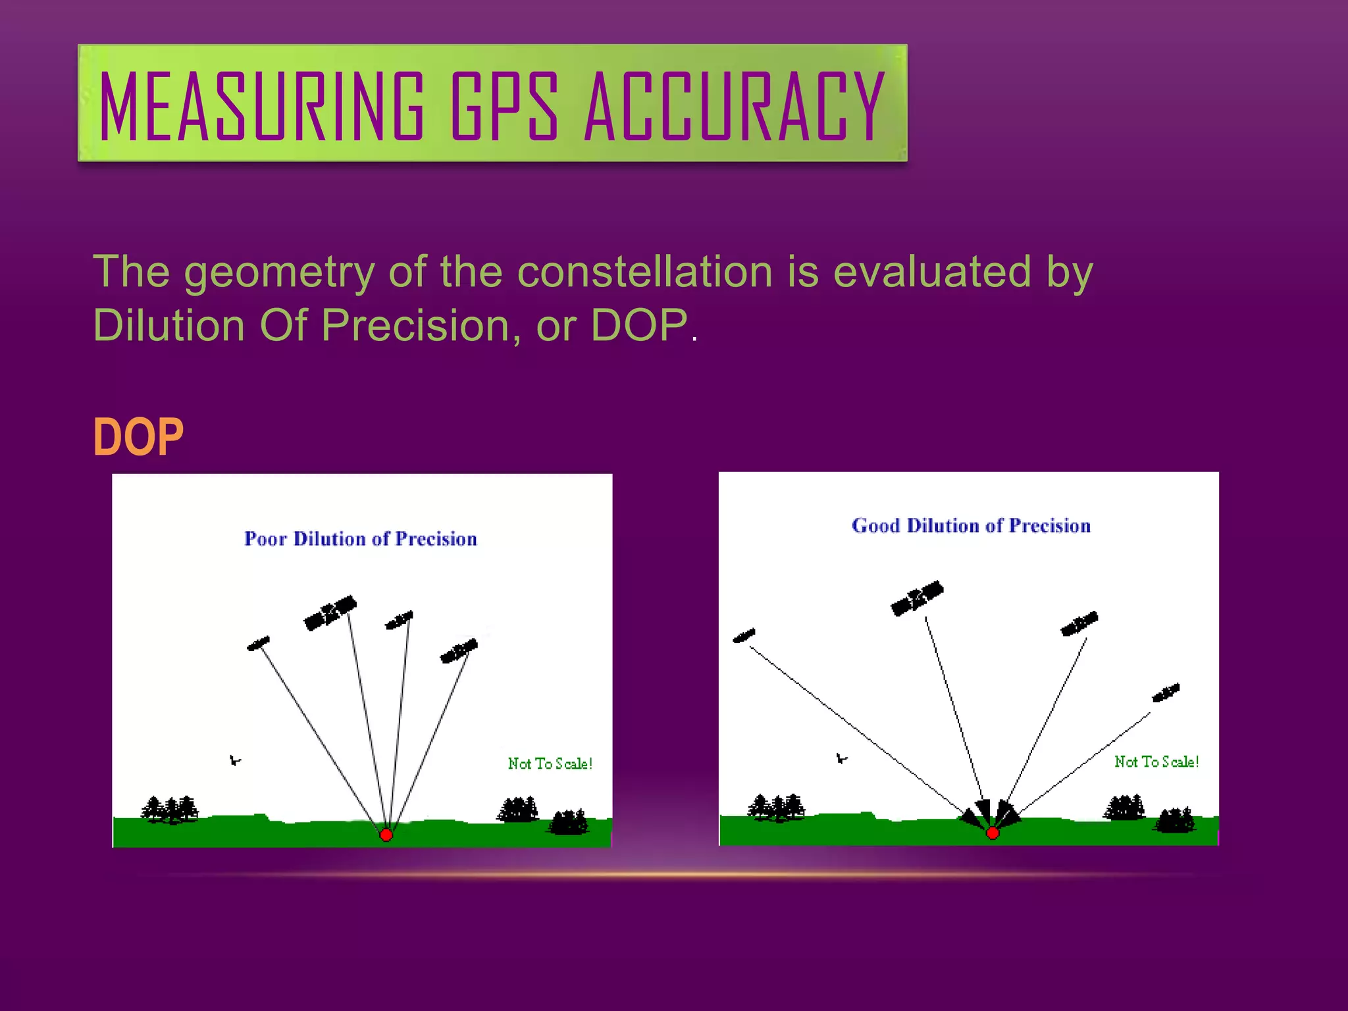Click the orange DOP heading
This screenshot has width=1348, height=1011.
[138, 437]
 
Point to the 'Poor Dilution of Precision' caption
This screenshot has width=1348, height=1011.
[361, 539]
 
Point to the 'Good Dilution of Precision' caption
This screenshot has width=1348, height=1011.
[971, 526]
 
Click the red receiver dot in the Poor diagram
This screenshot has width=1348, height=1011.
[386, 835]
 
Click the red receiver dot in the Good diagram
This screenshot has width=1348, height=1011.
[993, 833]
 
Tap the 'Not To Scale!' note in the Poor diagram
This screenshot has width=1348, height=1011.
[550, 764]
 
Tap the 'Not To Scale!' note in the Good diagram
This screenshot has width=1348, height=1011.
[1156, 762]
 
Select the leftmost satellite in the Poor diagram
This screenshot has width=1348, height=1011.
[259, 643]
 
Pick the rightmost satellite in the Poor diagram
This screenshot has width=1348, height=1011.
[459, 651]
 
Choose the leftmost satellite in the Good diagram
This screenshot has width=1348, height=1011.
[744, 636]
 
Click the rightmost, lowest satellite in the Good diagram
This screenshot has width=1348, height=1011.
[1166, 693]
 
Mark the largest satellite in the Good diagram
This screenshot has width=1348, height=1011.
[917, 598]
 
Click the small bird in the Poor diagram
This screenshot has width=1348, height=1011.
[235, 761]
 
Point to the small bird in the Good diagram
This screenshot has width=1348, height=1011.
[841, 759]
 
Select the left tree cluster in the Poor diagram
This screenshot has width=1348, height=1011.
[170, 810]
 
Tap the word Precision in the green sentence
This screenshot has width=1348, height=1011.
[415, 325]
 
